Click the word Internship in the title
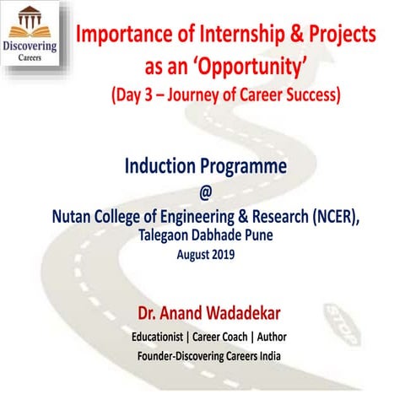point(247,36)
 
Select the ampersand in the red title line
point(304,36)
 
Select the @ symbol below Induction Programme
point(202,192)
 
